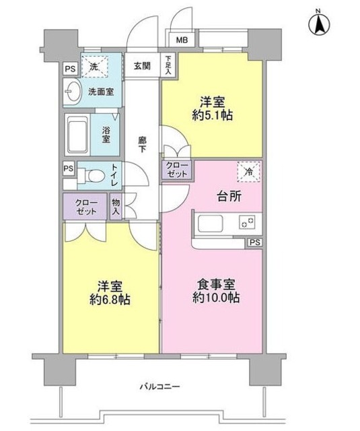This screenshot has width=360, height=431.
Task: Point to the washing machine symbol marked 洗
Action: click(x=95, y=66)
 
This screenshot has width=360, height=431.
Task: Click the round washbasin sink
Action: click(x=75, y=91)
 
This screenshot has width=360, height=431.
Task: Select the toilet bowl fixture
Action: click(x=93, y=177)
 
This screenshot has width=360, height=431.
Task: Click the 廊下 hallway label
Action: click(x=143, y=145)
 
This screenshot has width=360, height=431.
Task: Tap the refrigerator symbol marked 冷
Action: click(x=248, y=173)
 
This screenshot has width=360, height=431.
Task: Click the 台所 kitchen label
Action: click(x=228, y=197)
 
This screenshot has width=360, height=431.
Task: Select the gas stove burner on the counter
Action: click(x=246, y=222)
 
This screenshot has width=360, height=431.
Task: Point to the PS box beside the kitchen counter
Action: click(x=254, y=242)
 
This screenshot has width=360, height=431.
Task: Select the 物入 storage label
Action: click(x=116, y=207)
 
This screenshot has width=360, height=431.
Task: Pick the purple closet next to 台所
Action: click(x=175, y=169)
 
